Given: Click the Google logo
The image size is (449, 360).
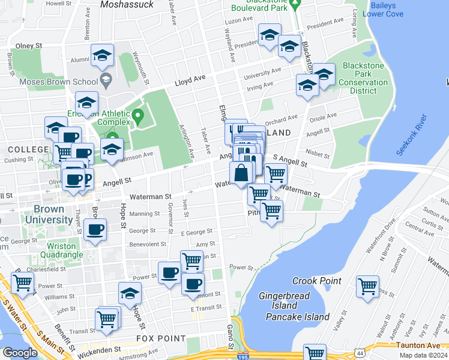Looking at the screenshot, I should (20, 353).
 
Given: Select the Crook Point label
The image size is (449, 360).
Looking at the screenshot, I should (316, 281).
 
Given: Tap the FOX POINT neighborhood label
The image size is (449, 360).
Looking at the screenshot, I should (161, 338).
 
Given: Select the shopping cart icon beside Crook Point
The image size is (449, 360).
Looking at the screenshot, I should (367, 286).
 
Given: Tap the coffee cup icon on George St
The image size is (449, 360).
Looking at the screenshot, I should (95, 229).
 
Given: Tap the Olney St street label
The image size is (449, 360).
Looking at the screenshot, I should (28, 46).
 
